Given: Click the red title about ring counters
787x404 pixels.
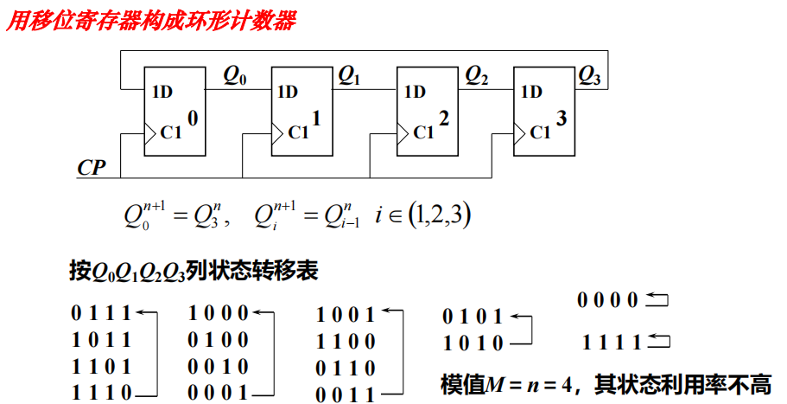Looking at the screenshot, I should [x=151, y=19].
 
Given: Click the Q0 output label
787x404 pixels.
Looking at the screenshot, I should [x=235, y=76].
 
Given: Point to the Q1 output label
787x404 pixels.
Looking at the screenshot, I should [x=349, y=76].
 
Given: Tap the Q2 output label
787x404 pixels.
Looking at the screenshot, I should [x=476, y=76].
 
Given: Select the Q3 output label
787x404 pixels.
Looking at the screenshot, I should [x=589, y=76].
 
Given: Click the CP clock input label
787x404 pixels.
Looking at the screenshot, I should [x=92, y=167].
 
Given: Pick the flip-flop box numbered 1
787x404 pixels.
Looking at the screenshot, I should [x=301, y=111].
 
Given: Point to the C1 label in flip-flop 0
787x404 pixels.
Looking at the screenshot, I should [x=169, y=132].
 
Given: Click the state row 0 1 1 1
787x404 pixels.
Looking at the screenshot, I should [x=101, y=313].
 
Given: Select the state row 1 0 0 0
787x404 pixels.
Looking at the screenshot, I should [x=219, y=313].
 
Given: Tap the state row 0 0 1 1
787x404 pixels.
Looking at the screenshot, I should [x=346, y=394].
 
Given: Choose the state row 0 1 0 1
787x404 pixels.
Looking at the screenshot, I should [x=472, y=317].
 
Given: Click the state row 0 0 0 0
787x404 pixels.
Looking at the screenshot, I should [x=608, y=301].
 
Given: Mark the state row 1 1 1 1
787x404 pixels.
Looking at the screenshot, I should [x=611, y=342].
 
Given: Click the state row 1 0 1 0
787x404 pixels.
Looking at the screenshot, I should [x=472, y=343].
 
